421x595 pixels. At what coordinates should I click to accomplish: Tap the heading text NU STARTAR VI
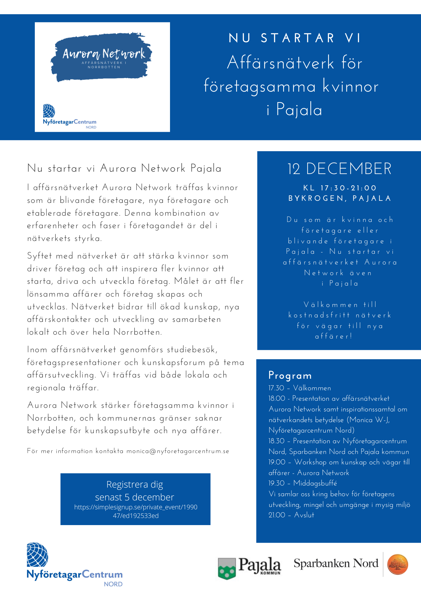295,38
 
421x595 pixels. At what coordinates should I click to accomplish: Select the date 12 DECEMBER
339,169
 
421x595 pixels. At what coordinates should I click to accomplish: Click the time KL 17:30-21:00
340,188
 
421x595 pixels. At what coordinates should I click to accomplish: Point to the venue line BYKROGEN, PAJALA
340,198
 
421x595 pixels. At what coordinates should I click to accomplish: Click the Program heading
290,375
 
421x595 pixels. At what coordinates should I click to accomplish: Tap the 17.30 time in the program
276,388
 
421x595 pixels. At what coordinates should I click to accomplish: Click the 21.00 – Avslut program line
291,515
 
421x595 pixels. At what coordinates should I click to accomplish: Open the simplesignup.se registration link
136,511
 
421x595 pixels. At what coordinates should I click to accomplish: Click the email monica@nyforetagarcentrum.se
178,451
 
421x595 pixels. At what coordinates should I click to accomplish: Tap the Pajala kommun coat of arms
227,568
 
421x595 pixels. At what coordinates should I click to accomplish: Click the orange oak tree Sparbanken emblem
397,564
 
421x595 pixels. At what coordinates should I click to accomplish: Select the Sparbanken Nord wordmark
336,563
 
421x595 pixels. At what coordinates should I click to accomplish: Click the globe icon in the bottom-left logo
37,555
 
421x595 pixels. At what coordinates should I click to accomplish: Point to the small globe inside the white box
49,111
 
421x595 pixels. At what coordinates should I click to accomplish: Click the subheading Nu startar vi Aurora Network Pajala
124,168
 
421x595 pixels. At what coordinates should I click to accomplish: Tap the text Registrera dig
135,484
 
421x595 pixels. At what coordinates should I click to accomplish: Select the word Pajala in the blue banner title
299,109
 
